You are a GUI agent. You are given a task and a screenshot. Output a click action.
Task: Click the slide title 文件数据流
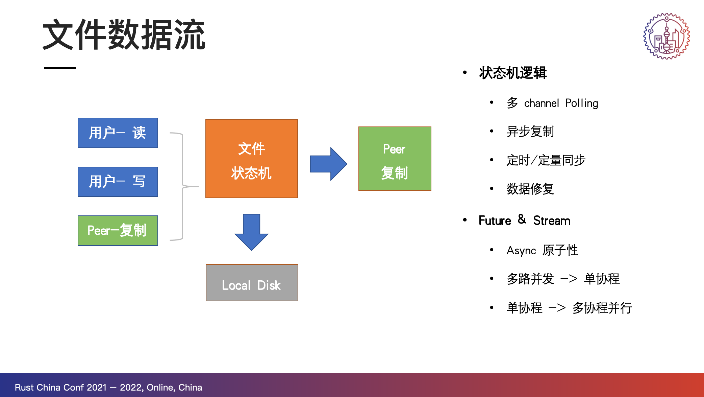pos(124,35)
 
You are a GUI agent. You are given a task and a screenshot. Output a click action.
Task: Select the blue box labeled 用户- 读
pos(118,133)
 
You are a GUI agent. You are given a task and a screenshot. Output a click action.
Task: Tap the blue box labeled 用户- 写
pos(118,182)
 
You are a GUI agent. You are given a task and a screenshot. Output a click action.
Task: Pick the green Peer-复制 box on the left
pos(118,231)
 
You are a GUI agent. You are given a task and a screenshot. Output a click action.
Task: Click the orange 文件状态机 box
pos(252,159)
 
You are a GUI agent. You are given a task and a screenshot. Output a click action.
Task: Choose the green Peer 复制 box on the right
pos(395,159)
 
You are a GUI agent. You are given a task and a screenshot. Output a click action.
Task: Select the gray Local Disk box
pos(252,283)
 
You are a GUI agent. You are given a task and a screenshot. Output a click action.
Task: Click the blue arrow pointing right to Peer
pos(328,164)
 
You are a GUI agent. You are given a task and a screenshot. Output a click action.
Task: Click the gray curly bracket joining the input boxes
pos(183,186)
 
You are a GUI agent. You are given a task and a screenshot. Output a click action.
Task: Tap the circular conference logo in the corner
pos(667,36)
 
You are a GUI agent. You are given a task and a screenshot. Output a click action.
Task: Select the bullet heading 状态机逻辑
pos(513,73)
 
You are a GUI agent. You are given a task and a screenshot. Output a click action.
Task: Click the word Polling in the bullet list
pos(582,103)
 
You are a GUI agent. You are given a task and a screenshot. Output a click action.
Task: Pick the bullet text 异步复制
pos(530,132)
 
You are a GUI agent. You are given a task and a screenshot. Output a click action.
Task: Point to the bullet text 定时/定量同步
pos(546,160)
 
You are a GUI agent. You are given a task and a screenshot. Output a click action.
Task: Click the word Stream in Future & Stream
pos(552,220)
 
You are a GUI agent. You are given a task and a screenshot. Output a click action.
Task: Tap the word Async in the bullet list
pos(521,251)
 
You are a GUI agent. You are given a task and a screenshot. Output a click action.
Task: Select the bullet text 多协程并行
pos(602,308)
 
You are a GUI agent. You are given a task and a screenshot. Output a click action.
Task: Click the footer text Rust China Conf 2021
pos(61,388)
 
